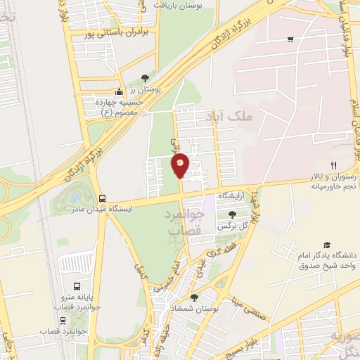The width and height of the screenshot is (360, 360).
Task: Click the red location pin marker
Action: pos(180,166)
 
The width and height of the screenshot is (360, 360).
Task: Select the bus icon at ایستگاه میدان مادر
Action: pos(103,198)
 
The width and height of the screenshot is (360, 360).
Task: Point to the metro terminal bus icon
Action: pos(76,287)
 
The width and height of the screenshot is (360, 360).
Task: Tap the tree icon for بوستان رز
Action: pos(145,77)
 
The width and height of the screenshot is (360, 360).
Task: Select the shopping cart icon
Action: pos(290,39)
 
